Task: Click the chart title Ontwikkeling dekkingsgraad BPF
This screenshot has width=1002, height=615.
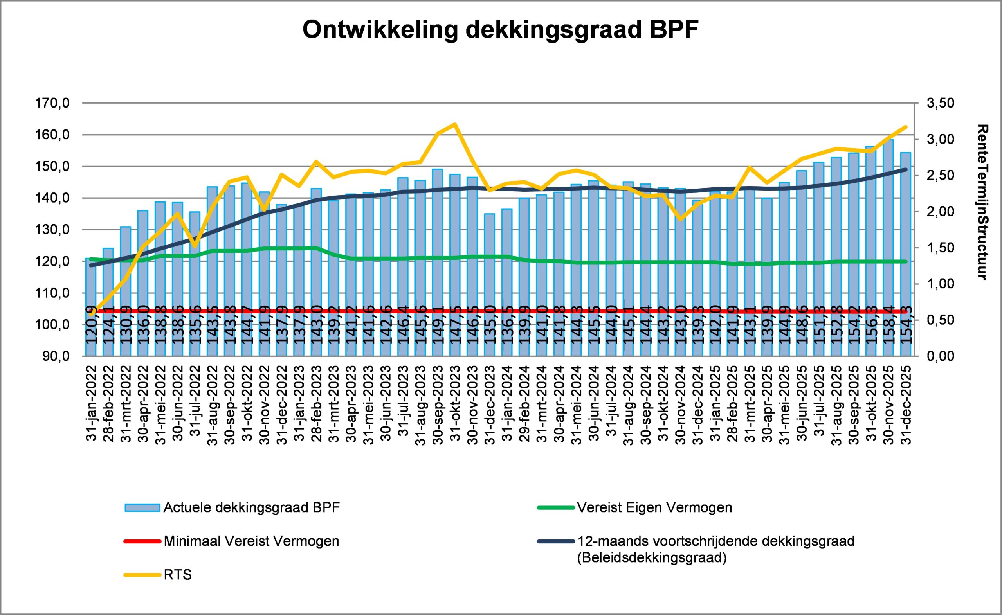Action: pos(500,30)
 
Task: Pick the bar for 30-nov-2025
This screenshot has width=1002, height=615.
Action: pos(888,244)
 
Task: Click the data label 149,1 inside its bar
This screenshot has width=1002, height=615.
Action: pos(437,331)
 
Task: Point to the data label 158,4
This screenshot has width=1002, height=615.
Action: pos(888,331)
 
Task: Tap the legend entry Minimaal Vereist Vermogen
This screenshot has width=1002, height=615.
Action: pos(251,541)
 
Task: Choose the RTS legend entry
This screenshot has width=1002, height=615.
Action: pos(177,575)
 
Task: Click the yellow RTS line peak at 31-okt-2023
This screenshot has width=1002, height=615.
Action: pos(455,124)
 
